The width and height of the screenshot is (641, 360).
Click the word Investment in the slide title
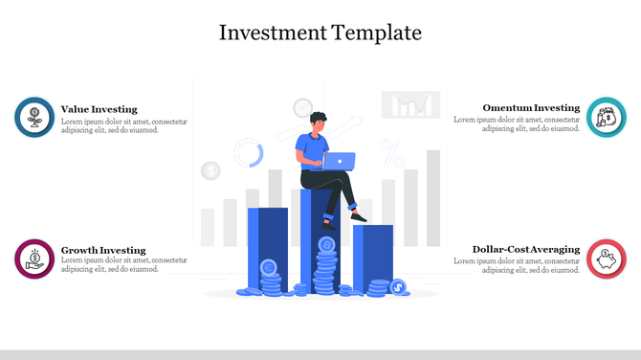(x=273, y=33)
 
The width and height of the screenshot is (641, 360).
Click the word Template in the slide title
(x=377, y=33)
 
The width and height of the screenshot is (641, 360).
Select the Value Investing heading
(x=99, y=109)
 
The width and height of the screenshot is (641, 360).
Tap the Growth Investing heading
(x=103, y=250)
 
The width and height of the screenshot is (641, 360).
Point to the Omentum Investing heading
(x=531, y=108)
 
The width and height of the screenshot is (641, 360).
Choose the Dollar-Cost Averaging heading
(x=526, y=250)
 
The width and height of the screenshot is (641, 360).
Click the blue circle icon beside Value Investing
(x=34, y=117)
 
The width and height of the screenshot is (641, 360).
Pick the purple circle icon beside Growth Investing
(x=34, y=259)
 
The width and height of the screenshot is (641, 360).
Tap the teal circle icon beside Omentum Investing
(x=606, y=117)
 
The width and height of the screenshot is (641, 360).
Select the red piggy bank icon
(x=606, y=259)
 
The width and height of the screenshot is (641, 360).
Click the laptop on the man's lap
(x=340, y=161)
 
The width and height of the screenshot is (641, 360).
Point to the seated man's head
(x=319, y=121)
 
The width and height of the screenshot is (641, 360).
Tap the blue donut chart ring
(x=248, y=152)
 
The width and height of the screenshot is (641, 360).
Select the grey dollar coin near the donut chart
(x=210, y=171)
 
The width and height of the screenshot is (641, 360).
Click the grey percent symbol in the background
(x=391, y=148)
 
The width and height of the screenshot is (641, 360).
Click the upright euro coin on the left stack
(x=270, y=267)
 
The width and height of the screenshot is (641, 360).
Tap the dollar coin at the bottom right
(x=398, y=285)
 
